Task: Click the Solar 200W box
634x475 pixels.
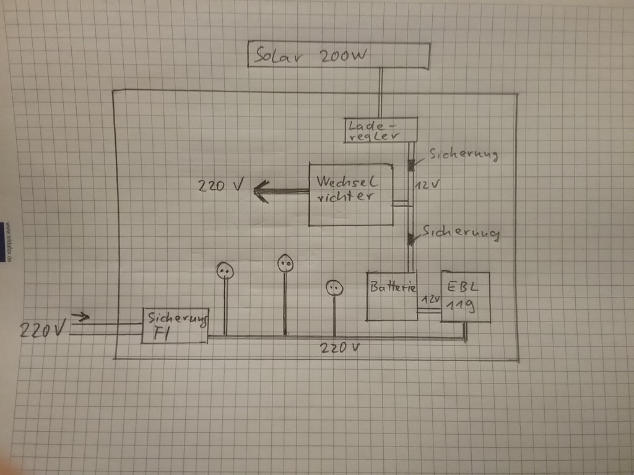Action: (x=338, y=56)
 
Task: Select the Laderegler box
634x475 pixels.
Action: (x=381, y=130)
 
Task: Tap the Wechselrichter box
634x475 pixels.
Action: (x=350, y=194)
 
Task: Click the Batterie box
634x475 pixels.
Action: (x=392, y=296)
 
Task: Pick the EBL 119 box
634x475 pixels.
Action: (x=465, y=297)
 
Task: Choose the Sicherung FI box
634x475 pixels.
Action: (x=175, y=326)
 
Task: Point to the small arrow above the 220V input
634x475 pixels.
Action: (x=80, y=317)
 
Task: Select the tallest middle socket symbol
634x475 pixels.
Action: (x=285, y=263)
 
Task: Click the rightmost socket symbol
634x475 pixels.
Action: (x=334, y=288)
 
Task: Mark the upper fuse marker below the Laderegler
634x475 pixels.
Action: (x=410, y=165)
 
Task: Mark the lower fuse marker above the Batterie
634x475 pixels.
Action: (x=410, y=239)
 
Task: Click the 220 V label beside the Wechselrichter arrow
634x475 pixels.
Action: (x=221, y=185)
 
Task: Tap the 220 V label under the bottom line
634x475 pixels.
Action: (x=340, y=348)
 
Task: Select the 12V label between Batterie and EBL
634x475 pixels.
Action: (x=430, y=299)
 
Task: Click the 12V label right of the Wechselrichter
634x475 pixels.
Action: (x=427, y=184)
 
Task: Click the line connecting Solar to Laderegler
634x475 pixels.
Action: (x=381, y=93)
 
